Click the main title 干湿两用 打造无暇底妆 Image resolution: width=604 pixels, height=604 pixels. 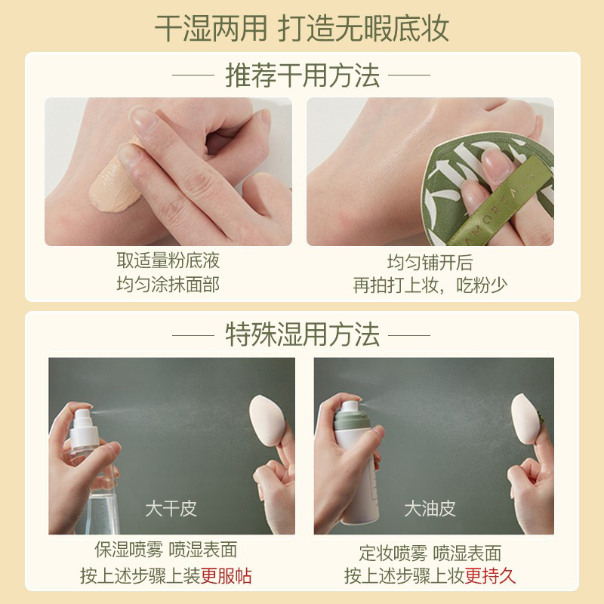[x=302, y=27]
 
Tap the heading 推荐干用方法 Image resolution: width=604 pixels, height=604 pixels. [x=302, y=75]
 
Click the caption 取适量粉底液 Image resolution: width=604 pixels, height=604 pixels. [x=168, y=261]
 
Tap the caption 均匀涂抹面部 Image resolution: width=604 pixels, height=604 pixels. [x=168, y=285]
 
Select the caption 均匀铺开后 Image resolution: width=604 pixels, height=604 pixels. [x=430, y=261]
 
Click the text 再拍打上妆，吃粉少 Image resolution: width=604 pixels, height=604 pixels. [x=430, y=285]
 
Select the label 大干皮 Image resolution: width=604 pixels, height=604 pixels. [x=171, y=508]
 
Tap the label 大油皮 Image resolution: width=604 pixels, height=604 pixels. [x=430, y=508]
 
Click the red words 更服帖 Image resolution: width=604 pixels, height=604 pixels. [x=226, y=576]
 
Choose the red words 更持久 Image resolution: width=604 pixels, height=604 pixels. [x=490, y=576]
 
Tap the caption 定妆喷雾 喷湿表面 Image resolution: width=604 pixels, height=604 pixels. [x=430, y=552]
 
